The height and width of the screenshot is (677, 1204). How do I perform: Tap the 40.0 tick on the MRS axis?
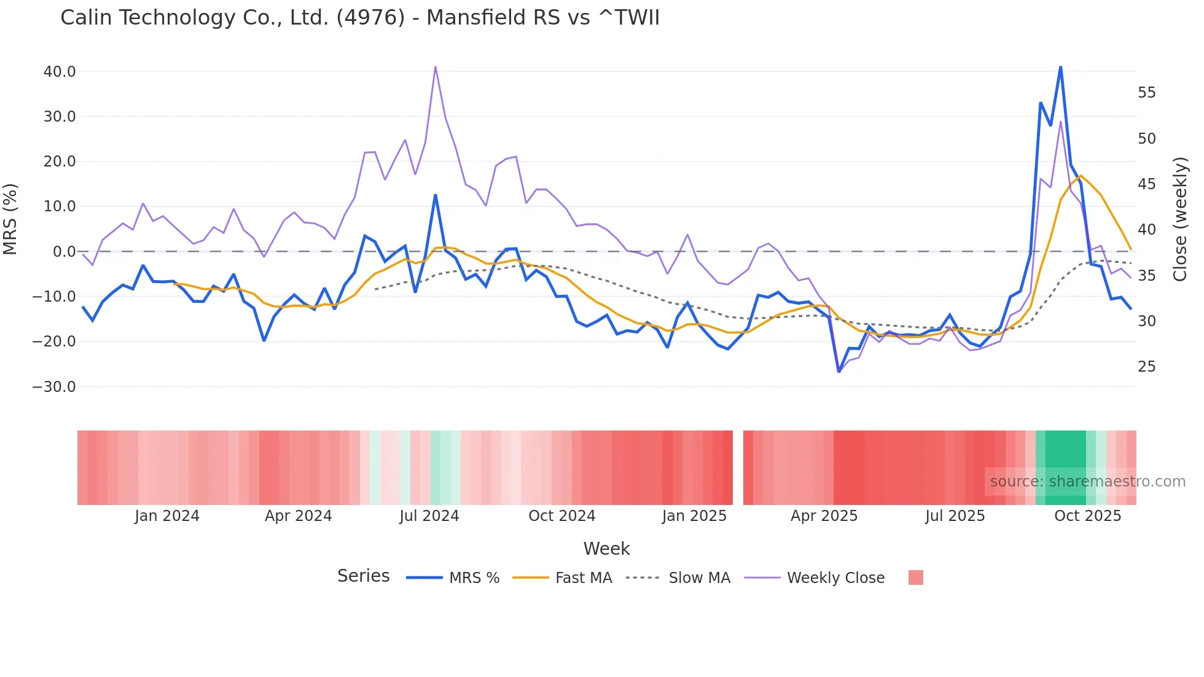click(x=60, y=72)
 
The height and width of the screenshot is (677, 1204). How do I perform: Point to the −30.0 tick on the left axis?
click(x=54, y=387)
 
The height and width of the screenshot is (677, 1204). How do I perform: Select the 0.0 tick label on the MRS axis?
click(x=64, y=252)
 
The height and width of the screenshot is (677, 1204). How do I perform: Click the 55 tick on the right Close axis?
click(x=1146, y=93)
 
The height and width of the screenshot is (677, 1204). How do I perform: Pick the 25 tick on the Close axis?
click(x=1146, y=367)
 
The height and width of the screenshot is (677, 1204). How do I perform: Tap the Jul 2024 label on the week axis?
click(x=429, y=516)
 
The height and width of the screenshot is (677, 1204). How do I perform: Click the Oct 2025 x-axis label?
click(x=1087, y=516)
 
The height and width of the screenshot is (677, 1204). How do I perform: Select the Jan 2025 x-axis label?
click(x=694, y=516)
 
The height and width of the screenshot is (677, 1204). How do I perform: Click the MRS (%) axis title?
click(x=10, y=219)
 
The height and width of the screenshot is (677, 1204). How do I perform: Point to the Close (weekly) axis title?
click(x=1180, y=219)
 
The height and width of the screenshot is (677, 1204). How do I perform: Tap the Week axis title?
click(x=606, y=549)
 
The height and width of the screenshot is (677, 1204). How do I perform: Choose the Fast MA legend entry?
click(x=583, y=578)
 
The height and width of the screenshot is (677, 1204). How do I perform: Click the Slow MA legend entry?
click(x=699, y=578)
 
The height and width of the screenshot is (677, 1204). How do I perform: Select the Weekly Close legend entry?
click(x=835, y=578)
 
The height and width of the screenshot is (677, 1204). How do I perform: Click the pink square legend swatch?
click(x=915, y=577)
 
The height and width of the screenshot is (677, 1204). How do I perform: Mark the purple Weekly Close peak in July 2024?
click(x=435, y=67)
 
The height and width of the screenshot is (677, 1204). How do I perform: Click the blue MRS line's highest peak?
click(x=1060, y=67)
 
